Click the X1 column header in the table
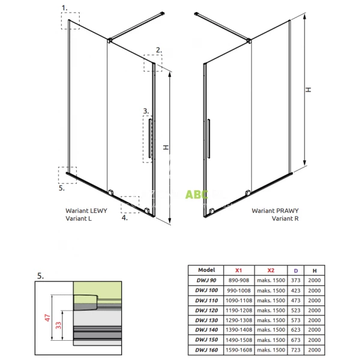coord(239,270)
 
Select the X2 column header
coord(271,270)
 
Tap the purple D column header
coord(296,271)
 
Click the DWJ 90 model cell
coord(206,280)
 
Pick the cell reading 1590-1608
coord(239,350)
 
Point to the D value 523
coord(296,310)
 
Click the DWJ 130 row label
coord(206,320)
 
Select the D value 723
coord(296,350)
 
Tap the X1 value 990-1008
coord(239,290)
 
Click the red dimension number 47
coord(47,318)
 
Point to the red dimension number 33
coord(59,325)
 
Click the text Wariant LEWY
coord(86,211)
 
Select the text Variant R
coord(285,218)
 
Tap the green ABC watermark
coord(197,194)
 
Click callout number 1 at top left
coord(64,8)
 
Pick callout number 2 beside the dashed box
coord(158,50)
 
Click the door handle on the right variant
coord(208,139)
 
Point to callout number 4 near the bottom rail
coord(124,218)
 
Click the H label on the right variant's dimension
coord(308,89)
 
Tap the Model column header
coord(206,270)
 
